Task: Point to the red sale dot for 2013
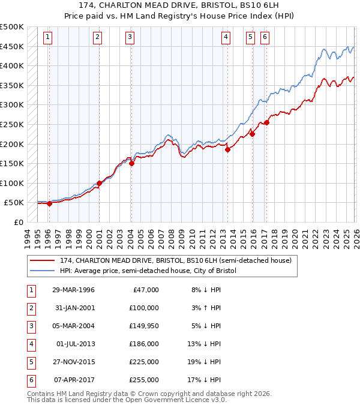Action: [228, 150]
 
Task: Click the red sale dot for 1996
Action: [50, 203]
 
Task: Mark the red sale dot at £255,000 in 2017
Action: [266, 123]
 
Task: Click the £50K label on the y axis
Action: [14, 203]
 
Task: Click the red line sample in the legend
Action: [43, 260]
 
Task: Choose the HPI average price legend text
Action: [148, 271]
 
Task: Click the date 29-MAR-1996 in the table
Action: [74, 290]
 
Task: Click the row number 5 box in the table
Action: [31, 362]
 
